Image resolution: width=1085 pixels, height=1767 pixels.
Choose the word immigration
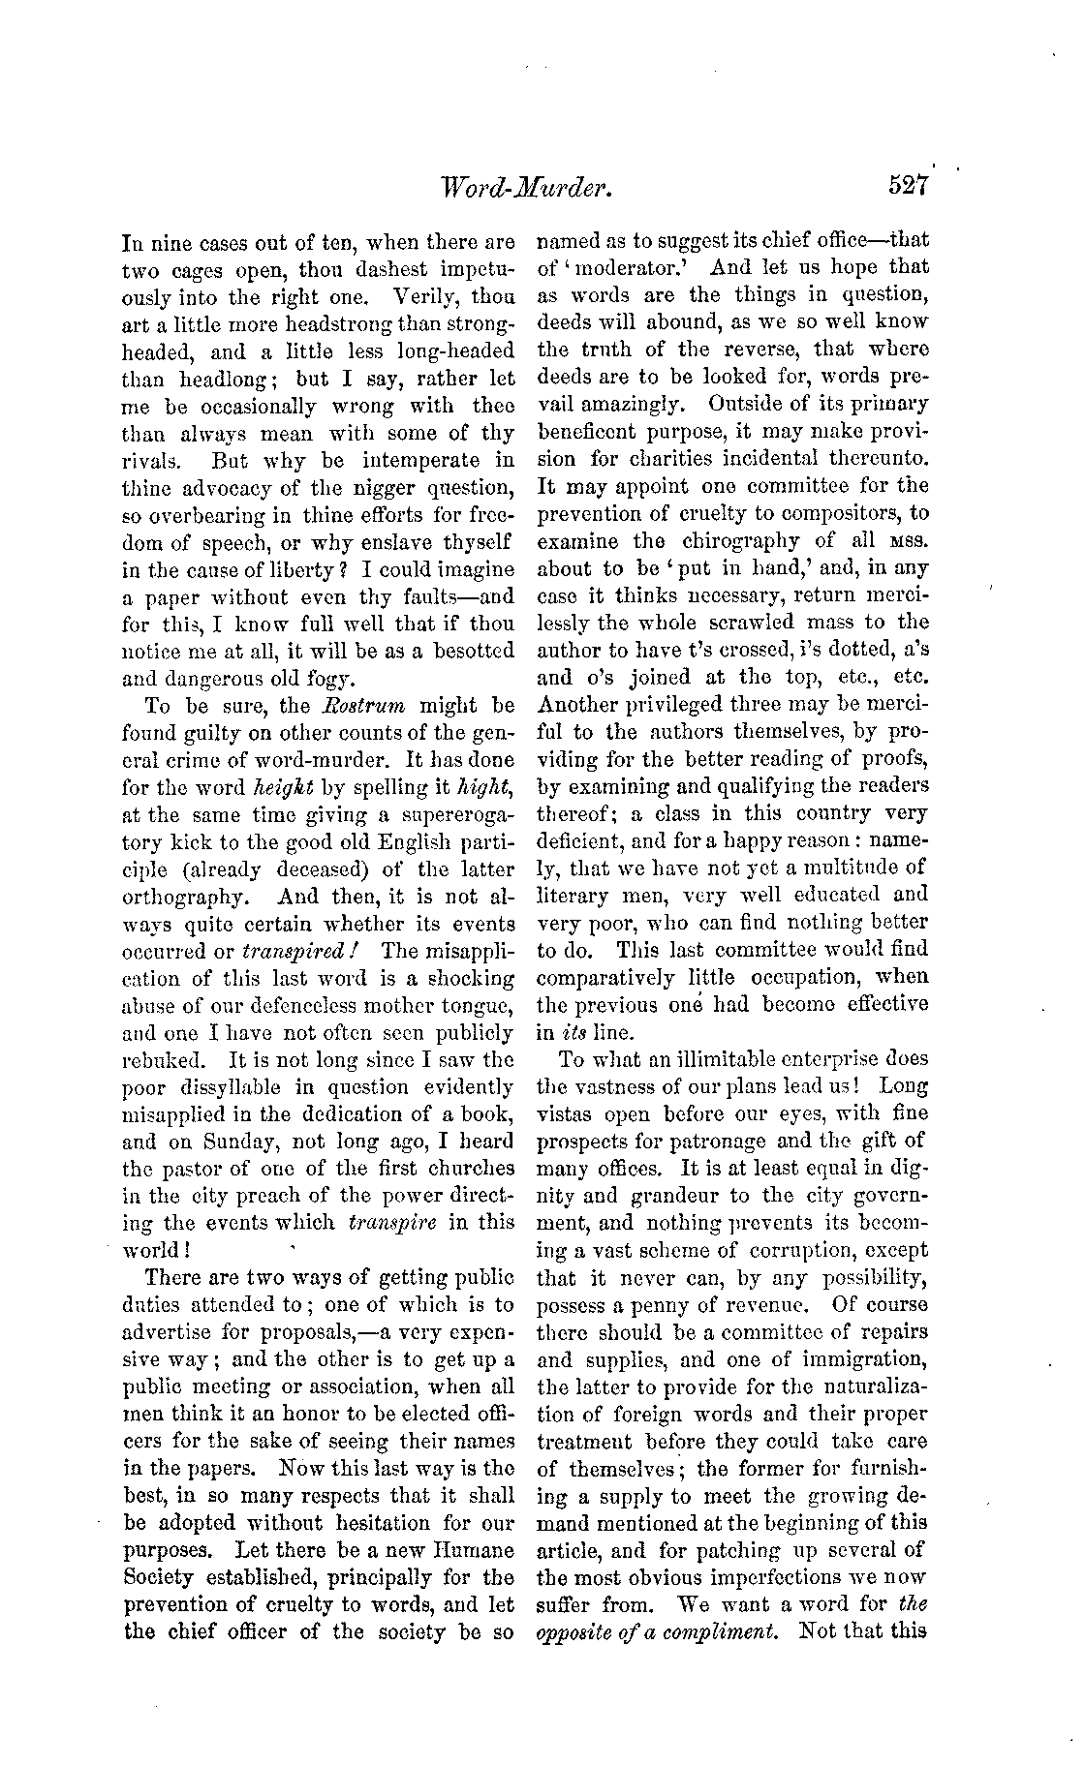[834, 1358]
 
